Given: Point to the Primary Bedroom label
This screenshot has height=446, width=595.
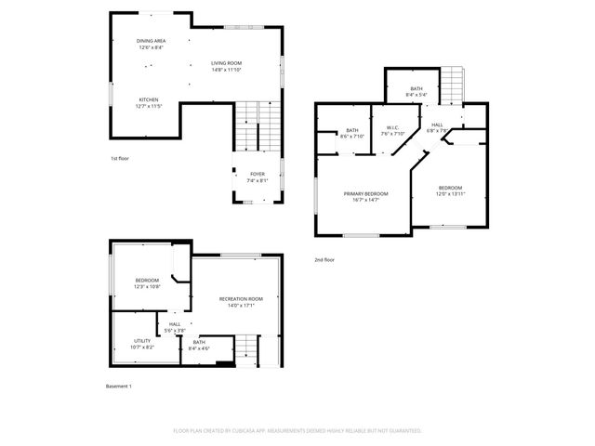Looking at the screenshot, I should coord(365,195).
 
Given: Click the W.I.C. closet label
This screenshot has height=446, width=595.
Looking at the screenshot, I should coord(392,130).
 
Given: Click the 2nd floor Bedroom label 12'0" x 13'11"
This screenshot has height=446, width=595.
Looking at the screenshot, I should coord(450,190).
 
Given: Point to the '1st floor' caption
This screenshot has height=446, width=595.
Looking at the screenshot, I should coord(119,159).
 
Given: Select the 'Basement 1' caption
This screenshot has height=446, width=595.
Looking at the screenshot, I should coord(119,387).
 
